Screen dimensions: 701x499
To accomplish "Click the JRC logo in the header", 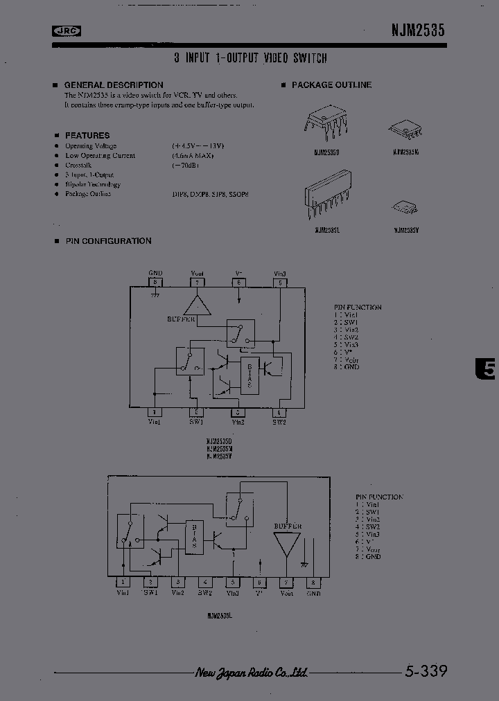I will pyautogui.click(x=67, y=30).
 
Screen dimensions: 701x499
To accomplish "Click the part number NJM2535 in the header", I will pyautogui.click(x=413, y=30).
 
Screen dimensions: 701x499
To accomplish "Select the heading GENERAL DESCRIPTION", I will pyautogui.click(x=114, y=85).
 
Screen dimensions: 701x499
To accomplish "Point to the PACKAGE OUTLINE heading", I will pyautogui.click(x=331, y=85).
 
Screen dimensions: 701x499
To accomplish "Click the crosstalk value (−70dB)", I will pyautogui.click(x=186, y=166).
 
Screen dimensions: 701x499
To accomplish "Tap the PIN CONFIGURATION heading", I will pyautogui.click(x=108, y=241).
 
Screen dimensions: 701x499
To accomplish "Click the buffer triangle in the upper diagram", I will pyautogui.click(x=198, y=304).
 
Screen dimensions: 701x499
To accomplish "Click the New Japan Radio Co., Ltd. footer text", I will pyautogui.click(x=251, y=673).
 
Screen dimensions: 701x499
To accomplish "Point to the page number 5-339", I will pyautogui.click(x=425, y=671).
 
